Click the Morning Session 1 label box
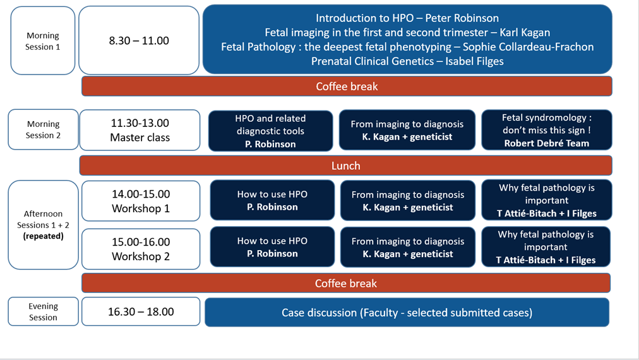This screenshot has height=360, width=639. (43, 41)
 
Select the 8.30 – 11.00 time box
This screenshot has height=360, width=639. (139, 40)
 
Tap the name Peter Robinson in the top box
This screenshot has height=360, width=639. (462, 18)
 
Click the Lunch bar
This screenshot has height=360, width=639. (345, 165)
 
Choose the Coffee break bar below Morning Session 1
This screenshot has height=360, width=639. (347, 87)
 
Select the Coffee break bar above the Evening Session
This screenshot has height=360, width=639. (346, 283)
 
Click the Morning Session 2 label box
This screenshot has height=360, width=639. (43, 129)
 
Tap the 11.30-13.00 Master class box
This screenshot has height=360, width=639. (140, 130)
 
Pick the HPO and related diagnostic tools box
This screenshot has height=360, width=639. (271, 131)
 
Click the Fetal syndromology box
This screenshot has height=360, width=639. (546, 130)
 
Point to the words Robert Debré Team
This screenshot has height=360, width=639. (546, 143)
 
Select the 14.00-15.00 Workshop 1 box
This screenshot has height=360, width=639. (141, 201)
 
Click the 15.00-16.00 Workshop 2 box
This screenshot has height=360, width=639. (141, 249)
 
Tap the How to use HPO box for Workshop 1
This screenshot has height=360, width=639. (272, 200)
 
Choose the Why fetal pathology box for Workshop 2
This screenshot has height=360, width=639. (546, 247)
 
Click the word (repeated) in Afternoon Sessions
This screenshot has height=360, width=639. (43, 236)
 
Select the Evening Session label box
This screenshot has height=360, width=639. (43, 311)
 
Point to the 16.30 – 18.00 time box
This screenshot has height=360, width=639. (141, 311)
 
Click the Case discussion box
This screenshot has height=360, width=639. (407, 312)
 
